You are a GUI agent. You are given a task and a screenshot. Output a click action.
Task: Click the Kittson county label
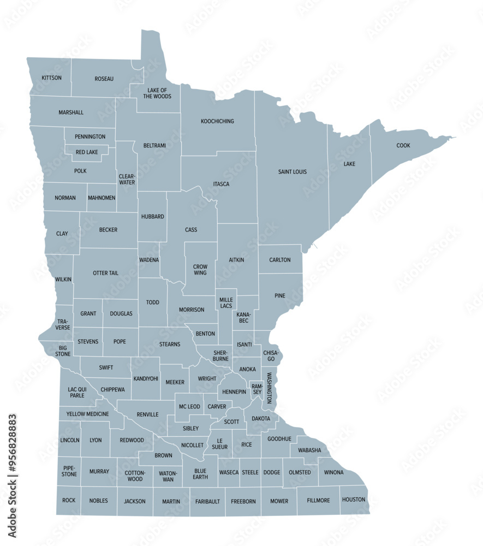52,78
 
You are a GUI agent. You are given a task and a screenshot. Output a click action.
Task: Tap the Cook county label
403,146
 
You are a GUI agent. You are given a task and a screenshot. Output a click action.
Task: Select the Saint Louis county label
293,172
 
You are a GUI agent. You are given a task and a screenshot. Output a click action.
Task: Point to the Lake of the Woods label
157,93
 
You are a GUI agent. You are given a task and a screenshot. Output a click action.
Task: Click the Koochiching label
217,121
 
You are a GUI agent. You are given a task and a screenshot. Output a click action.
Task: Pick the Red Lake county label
87,152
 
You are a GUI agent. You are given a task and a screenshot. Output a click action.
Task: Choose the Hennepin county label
234,392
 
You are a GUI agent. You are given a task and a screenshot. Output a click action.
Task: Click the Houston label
354,500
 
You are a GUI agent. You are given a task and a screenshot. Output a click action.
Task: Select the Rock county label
69,500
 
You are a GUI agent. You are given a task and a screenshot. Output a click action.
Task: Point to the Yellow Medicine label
88,414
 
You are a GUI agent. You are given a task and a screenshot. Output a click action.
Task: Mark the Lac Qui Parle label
77,392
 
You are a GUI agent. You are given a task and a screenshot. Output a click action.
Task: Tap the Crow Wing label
200,270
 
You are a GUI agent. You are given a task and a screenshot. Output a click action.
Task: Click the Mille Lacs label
226,303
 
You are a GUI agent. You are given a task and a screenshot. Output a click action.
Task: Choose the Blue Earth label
200,473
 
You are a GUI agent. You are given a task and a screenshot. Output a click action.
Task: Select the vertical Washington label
269,388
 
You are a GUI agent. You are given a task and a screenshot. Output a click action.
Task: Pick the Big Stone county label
63,350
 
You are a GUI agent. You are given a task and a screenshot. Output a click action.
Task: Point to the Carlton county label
280,260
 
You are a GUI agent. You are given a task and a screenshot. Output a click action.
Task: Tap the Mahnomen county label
102,198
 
